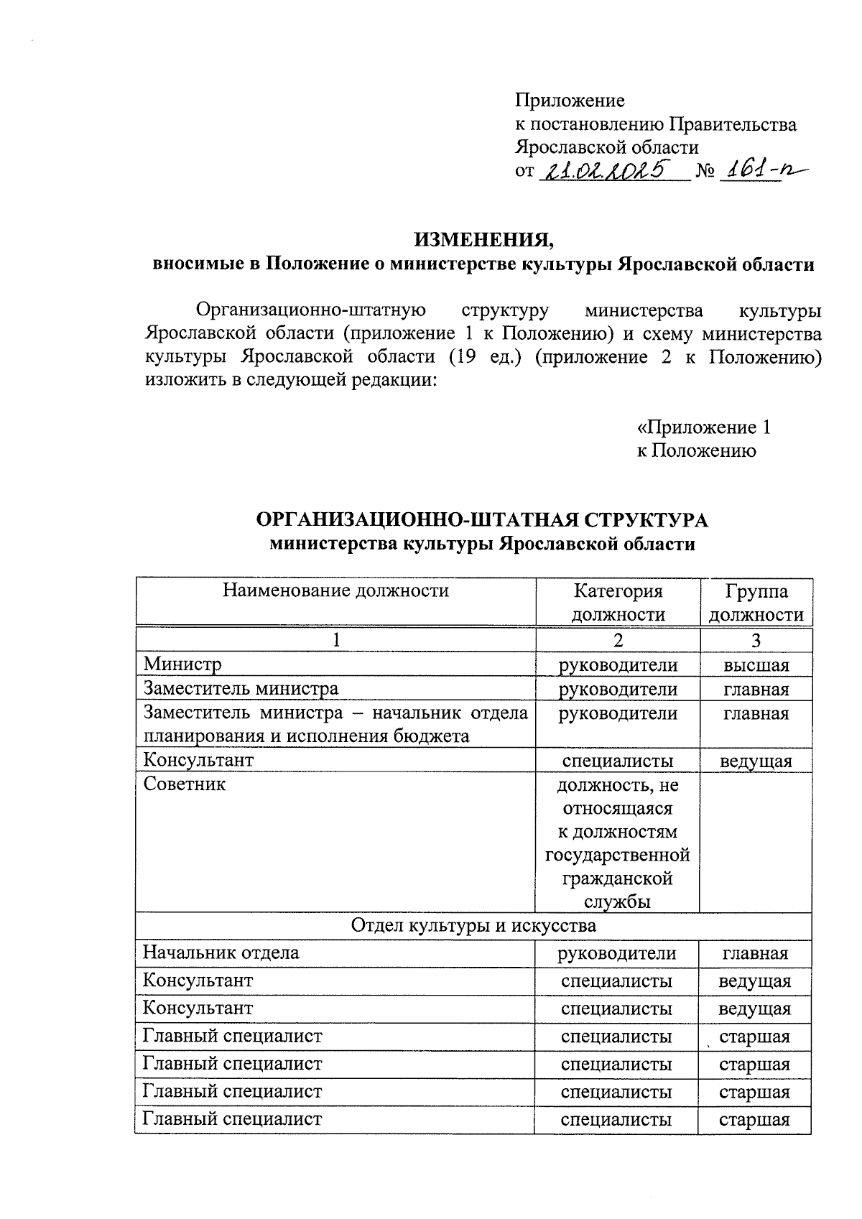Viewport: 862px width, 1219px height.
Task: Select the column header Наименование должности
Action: click(335, 590)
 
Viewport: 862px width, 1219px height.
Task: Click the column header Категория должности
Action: click(618, 603)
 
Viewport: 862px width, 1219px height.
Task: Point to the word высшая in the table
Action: click(756, 665)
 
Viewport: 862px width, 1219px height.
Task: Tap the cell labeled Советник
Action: click(185, 784)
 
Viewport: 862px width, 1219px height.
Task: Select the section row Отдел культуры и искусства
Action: click(473, 925)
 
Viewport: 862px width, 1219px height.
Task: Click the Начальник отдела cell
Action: click(221, 953)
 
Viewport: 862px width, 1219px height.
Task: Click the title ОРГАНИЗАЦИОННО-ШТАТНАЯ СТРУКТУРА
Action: click(482, 520)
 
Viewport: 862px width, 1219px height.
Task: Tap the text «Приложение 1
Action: click(704, 428)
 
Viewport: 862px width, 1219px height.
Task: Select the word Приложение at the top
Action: click(570, 101)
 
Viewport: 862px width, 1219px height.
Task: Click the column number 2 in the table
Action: click(618, 640)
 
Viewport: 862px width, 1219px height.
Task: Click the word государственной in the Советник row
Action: click(618, 855)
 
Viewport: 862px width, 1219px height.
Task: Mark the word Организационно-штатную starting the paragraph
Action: click(311, 310)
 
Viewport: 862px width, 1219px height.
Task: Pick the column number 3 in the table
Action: click(756, 640)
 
